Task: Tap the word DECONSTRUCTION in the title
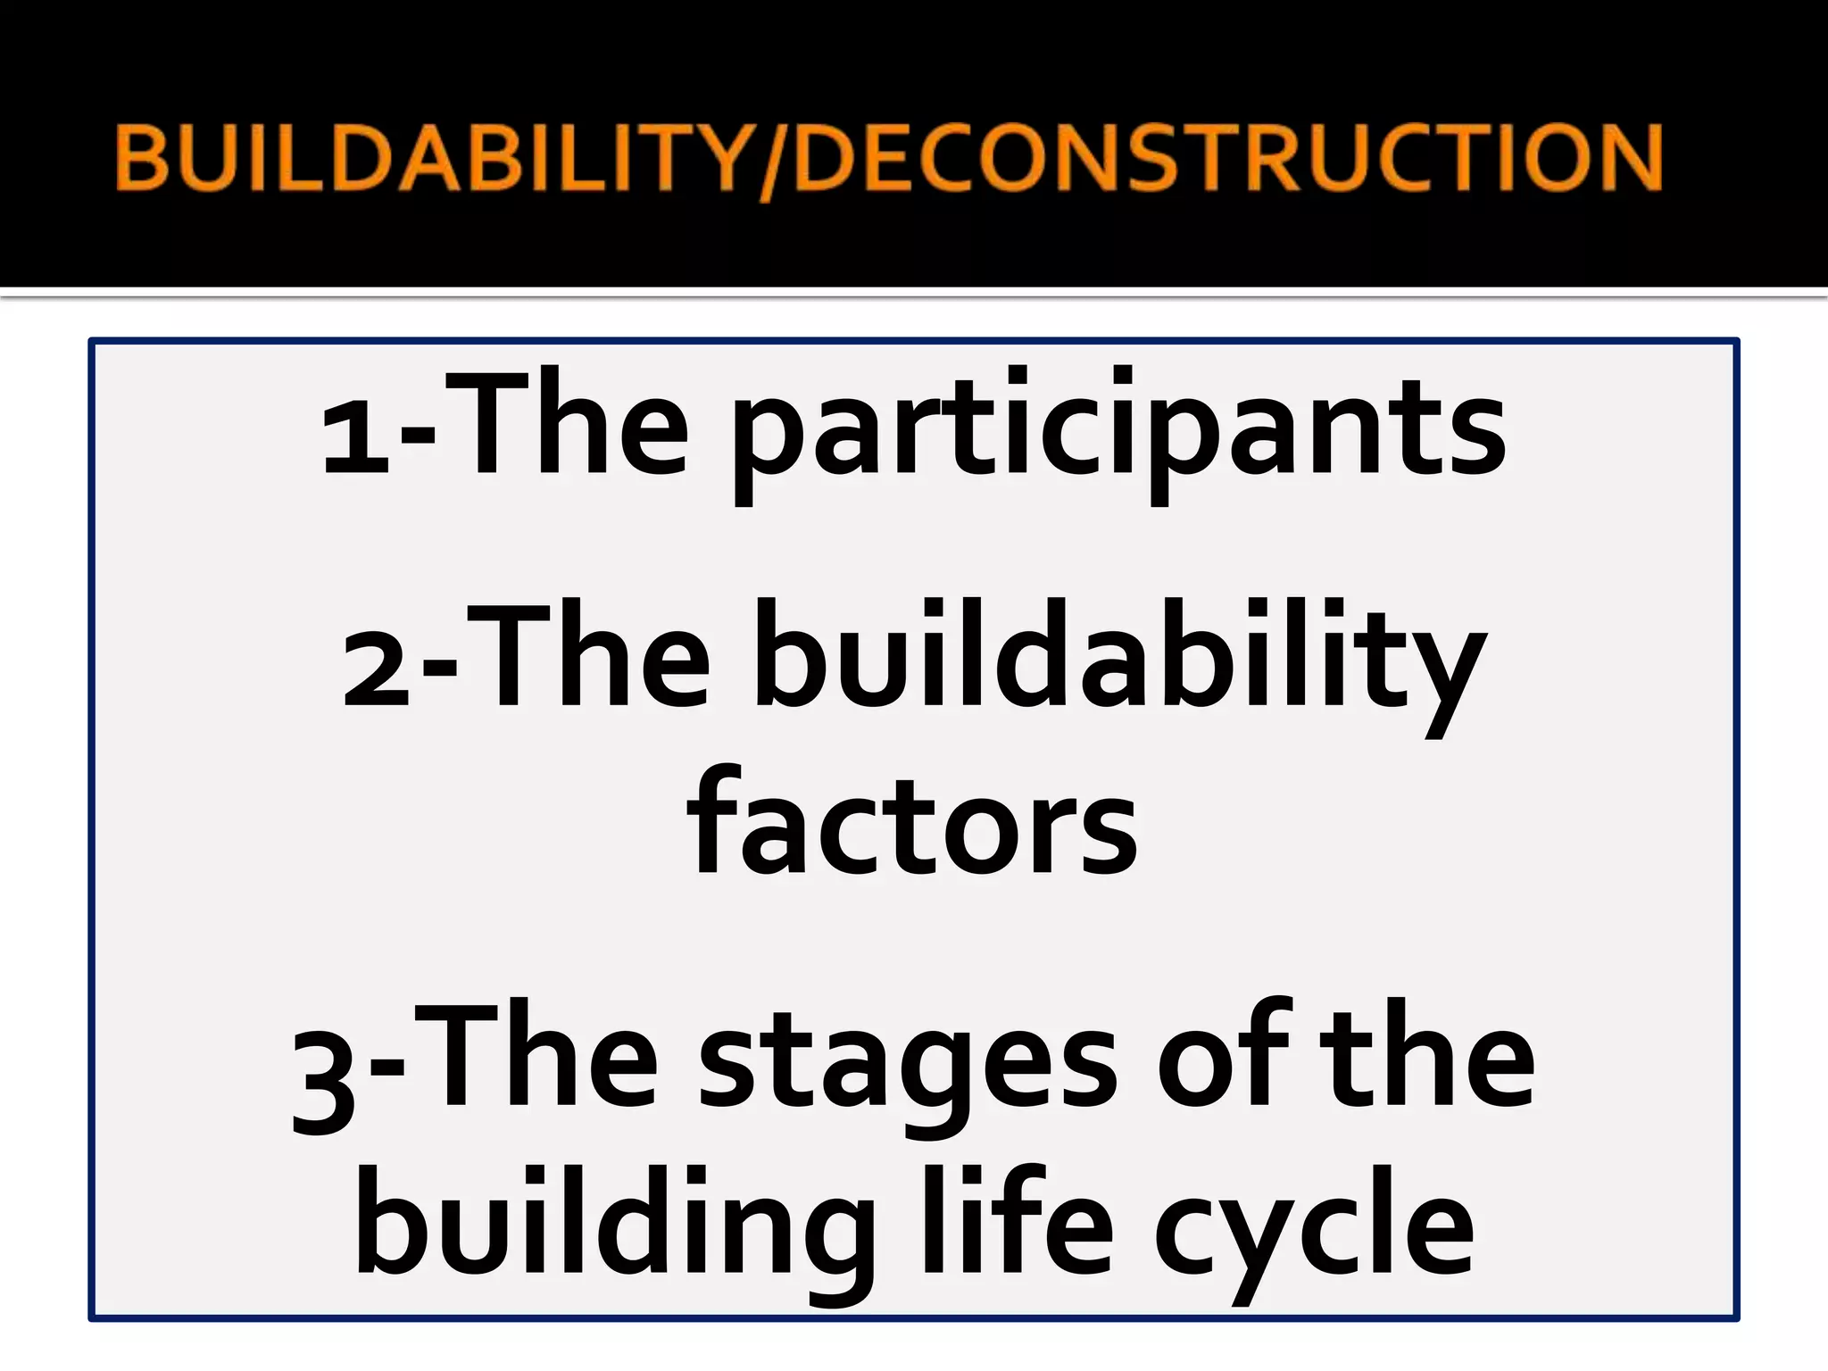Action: (1227, 159)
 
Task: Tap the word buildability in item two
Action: (1120, 665)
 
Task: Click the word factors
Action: (912, 826)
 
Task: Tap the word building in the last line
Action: (616, 1232)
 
